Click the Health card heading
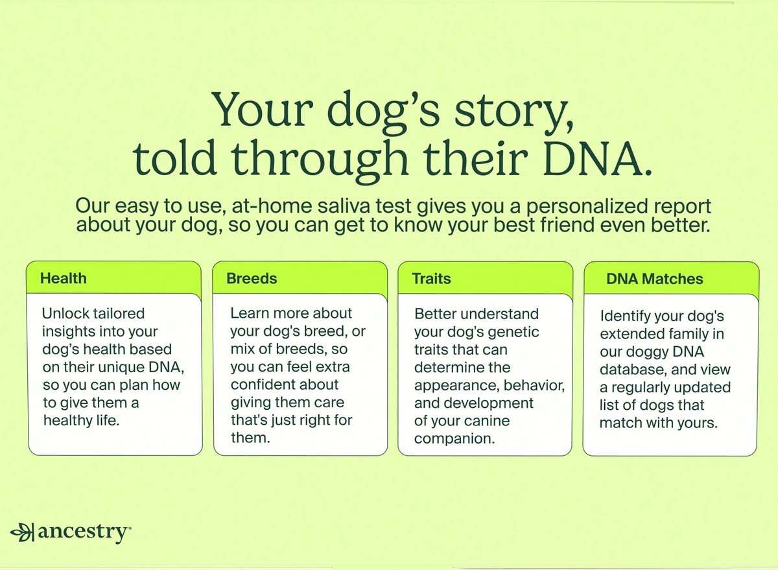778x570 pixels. click(x=63, y=279)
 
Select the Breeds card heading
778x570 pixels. click(x=252, y=279)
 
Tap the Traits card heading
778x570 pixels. click(x=431, y=279)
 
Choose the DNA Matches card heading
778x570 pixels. click(x=655, y=279)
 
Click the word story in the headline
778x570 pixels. click(x=503, y=110)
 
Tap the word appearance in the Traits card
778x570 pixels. click(x=453, y=385)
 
